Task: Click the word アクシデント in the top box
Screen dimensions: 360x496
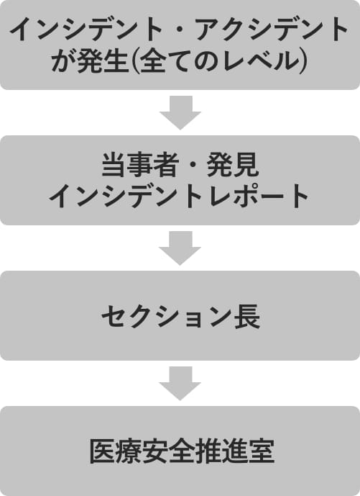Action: click(272, 29)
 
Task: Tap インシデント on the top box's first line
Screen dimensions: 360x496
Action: click(86, 29)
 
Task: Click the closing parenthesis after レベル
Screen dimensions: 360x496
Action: click(302, 60)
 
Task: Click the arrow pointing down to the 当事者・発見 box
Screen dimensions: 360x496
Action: click(180, 112)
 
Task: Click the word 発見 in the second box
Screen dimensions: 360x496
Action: click(233, 165)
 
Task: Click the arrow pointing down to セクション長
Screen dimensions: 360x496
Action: click(180, 248)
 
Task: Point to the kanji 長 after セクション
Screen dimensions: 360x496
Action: click(247, 317)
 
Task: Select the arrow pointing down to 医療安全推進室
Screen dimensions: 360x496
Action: click(180, 384)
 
